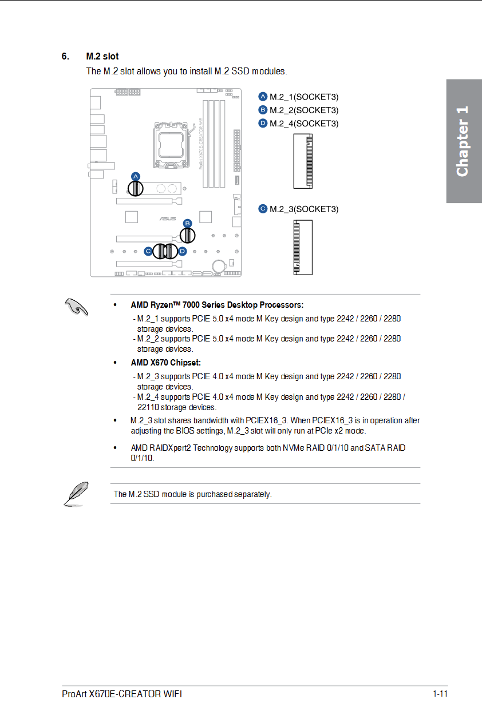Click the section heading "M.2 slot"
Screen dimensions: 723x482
tap(102, 57)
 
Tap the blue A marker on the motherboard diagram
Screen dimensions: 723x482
tap(136, 176)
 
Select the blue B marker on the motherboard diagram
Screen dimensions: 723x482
tap(187, 223)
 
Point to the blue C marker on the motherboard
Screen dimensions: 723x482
tap(148, 251)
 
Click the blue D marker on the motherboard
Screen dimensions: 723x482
tap(182, 251)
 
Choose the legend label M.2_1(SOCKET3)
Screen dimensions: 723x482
tap(303, 97)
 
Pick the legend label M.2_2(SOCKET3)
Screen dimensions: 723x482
tap(303, 110)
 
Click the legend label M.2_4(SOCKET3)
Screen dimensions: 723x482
tap(303, 123)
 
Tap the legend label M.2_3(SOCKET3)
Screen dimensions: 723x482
tap(303, 209)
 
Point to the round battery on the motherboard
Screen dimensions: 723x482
tap(218, 265)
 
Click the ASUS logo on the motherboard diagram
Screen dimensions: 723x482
tap(167, 219)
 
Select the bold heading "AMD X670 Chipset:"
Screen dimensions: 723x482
tap(165, 363)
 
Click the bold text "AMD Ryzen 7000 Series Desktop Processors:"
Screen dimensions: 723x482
tap(217, 305)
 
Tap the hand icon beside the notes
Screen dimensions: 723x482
tap(76, 307)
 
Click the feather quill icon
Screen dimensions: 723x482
tap(76, 493)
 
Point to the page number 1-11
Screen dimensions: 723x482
tap(440, 694)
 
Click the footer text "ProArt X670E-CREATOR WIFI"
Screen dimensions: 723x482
tap(121, 694)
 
